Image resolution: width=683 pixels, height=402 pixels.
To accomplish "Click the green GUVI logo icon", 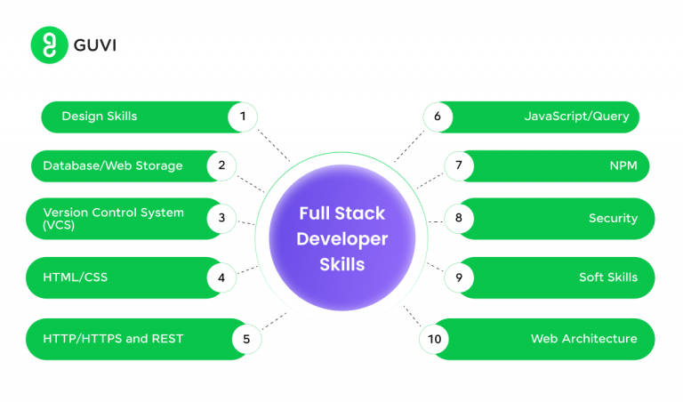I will coord(50,44).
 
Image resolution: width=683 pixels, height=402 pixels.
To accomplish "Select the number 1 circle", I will coord(242,116).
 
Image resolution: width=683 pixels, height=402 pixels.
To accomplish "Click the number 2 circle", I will coord(221,165).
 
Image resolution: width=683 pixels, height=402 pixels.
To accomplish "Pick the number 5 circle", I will coord(246,338).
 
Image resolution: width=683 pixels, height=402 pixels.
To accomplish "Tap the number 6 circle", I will coord(438,116).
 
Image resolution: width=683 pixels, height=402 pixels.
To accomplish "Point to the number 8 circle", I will coord(458,218).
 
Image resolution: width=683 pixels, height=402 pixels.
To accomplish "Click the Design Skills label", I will coord(99,116).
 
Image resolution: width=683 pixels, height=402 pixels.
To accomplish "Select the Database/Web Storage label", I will coord(112,165).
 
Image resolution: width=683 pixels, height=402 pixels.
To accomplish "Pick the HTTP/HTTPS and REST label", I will coord(112,338).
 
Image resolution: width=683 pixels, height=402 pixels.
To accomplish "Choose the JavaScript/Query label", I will coord(576,116).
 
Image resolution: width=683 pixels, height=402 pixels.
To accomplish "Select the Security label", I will coord(613,218).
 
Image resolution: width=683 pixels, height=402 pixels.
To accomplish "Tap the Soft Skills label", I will coord(607,277).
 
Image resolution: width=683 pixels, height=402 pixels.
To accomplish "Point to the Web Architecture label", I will coord(583,338).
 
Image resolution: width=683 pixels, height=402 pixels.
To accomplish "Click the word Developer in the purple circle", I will coord(341,239).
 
